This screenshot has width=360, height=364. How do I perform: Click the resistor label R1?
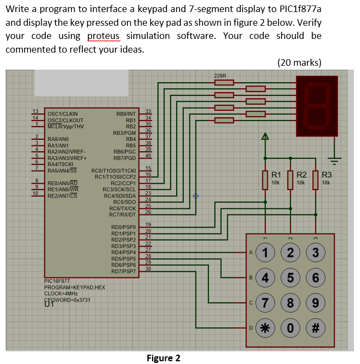point(277,175)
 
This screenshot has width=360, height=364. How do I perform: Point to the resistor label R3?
point(327,175)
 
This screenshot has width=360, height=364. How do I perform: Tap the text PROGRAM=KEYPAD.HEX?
point(74,288)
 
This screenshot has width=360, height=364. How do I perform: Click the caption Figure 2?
point(164,358)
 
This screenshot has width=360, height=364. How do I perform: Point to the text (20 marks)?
point(300,62)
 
